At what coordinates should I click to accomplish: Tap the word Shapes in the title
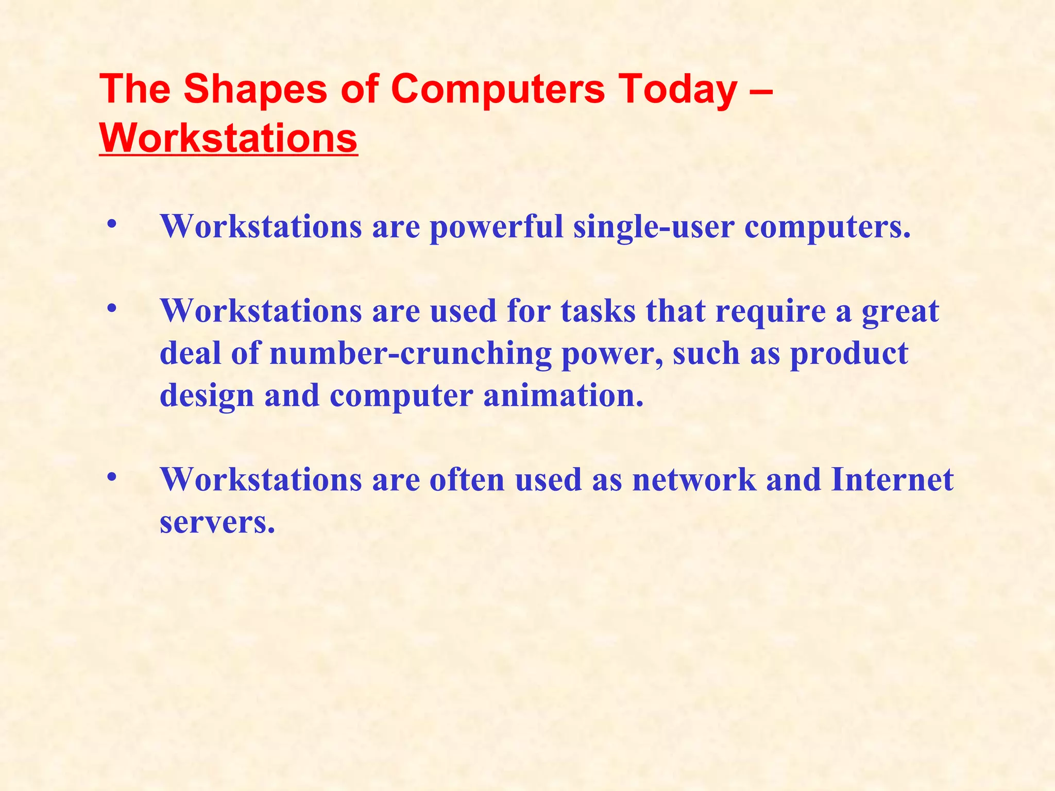(255, 89)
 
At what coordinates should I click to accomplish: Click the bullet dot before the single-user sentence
(111, 226)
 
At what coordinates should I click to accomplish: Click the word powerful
(497, 227)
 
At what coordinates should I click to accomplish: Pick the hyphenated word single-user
(653, 227)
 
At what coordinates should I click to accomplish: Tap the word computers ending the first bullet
(827, 227)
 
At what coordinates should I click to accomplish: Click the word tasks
(598, 311)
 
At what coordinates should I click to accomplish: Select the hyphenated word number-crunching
(410, 354)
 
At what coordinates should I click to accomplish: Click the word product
(849, 354)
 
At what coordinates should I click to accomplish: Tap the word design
(207, 397)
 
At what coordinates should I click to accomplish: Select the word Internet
(892, 480)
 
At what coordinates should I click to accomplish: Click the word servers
(217, 522)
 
